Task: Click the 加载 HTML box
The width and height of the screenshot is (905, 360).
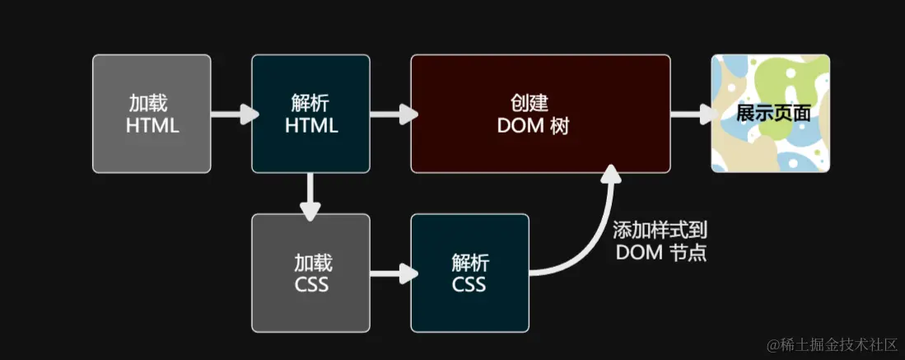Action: (x=152, y=114)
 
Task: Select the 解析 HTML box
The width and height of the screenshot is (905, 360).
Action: (x=310, y=114)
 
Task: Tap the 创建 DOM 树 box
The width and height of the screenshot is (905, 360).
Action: (x=540, y=114)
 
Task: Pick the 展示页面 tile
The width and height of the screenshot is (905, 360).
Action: (x=771, y=114)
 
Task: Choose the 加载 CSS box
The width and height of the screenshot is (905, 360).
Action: (x=310, y=273)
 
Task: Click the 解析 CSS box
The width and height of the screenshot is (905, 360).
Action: (x=469, y=273)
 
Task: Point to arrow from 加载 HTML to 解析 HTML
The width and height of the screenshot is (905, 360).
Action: (x=231, y=114)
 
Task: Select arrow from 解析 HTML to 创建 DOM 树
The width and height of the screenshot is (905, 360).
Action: (x=390, y=114)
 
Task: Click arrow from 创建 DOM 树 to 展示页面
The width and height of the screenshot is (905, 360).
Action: (x=691, y=114)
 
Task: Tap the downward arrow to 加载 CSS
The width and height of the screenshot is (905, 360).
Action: (x=310, y=195)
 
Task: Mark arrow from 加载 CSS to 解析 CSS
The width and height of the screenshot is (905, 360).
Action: (x=390, y=273)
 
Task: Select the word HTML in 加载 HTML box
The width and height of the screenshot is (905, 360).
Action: (x=152, y=126)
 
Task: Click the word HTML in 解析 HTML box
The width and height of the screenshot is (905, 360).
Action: (x=311, y=126)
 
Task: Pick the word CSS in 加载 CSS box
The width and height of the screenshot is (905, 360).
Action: (x=311, y=285)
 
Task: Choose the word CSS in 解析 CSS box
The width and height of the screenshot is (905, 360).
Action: (x=469, y=285)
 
